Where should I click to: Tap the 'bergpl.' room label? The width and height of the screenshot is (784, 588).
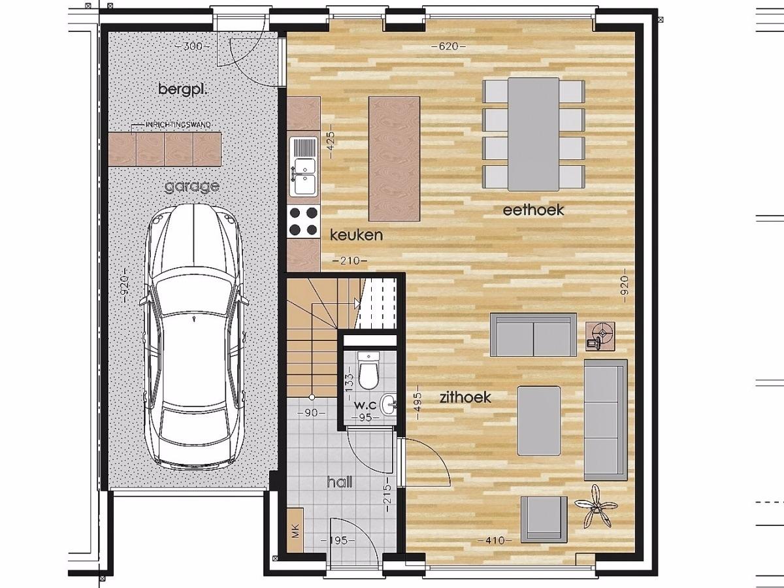183,90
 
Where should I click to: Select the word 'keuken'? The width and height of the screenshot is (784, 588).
356,235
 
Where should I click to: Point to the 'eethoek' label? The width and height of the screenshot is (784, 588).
533,210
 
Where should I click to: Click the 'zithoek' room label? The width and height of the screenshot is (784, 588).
465,397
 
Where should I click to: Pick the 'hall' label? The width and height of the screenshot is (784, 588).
340,482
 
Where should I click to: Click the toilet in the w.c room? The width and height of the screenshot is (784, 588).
368,371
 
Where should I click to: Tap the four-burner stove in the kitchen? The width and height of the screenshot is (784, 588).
303,221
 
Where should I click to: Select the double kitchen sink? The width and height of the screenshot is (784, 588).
304,167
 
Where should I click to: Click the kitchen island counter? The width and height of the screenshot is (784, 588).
394,159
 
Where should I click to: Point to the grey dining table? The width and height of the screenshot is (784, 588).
533,134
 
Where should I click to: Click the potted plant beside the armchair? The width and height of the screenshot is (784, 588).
595,506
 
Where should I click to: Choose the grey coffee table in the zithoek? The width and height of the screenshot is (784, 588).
538,421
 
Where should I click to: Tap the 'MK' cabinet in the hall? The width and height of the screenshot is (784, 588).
295,531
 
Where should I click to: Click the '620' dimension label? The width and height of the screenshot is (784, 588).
448,46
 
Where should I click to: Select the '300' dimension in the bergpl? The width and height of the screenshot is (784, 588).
192,46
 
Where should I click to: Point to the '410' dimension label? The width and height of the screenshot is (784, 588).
495,540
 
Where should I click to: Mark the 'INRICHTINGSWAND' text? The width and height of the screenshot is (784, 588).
178,125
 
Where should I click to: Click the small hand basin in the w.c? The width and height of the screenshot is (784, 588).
388,404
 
